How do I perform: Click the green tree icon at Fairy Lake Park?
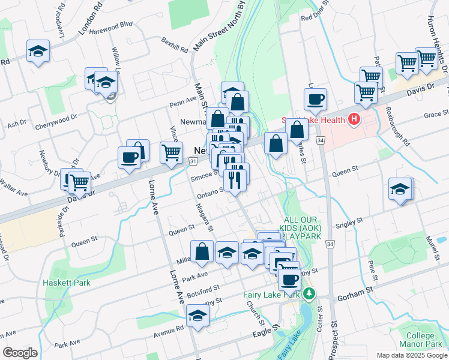309,294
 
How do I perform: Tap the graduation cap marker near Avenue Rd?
197,316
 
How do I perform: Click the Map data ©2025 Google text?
411,355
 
